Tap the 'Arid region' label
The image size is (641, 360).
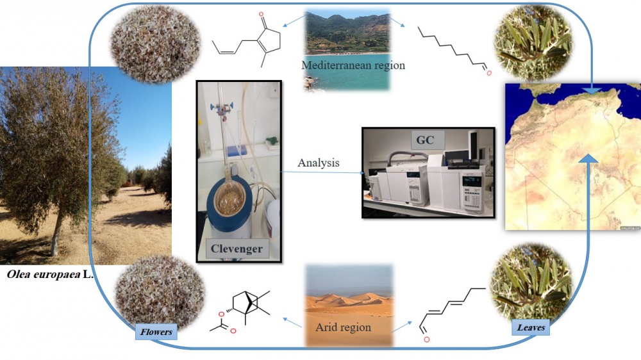[x=343, y=327]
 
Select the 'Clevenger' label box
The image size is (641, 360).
[x=237, y=249]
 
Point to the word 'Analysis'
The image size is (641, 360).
[x=319, y=163]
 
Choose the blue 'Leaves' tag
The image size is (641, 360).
[x=531, y=327]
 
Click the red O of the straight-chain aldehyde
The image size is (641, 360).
[x=488, y=74]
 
